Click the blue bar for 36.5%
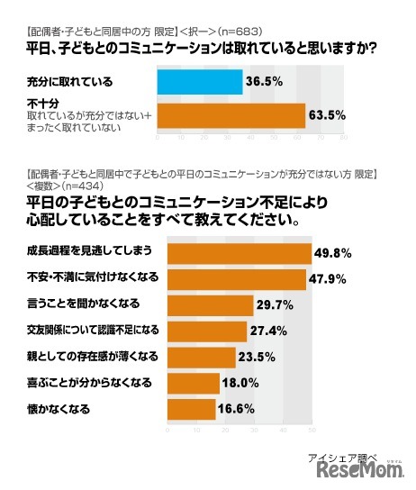(199, 82)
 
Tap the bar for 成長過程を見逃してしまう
(233, 255)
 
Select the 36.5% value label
(266, 82)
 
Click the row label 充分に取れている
(70, 82)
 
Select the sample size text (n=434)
(74, 183)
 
